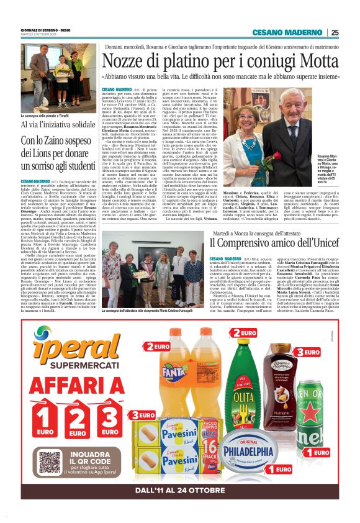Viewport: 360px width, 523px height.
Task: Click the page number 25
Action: (335, 32)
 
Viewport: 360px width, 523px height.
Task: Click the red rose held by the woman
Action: (245, 153)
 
